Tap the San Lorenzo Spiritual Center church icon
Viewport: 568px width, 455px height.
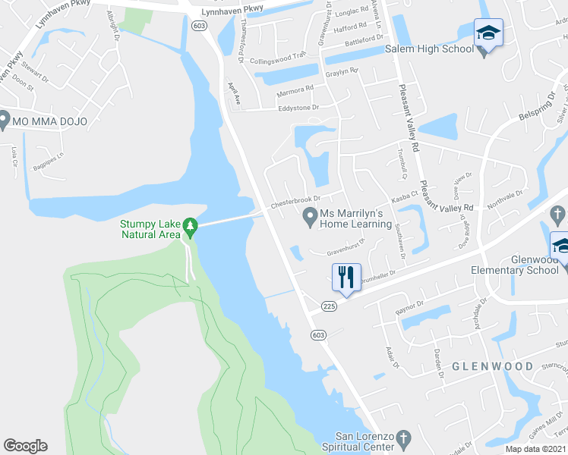tap(404, 438)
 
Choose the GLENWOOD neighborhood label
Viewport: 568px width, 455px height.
tap(493, 366)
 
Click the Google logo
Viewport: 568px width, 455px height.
tap(25, 446)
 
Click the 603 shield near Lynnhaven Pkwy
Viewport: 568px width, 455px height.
tap(199, 25)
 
